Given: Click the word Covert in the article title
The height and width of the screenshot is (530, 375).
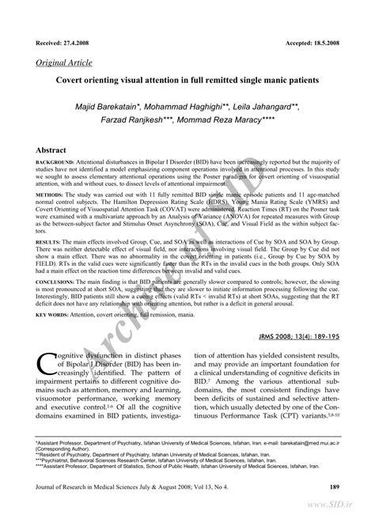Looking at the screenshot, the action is point(74,81).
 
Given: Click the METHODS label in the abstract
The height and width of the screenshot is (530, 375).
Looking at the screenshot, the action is point(50,193).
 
